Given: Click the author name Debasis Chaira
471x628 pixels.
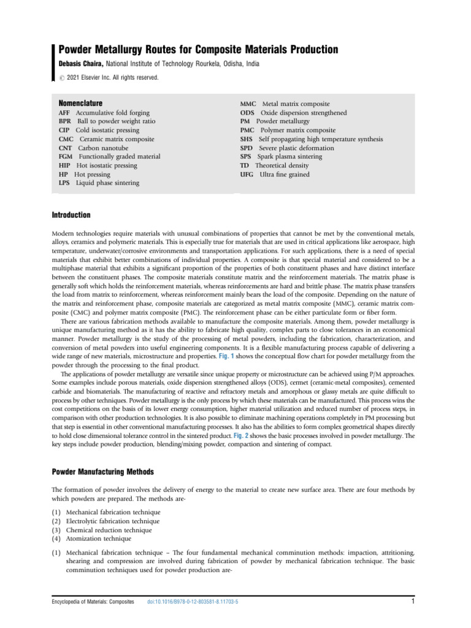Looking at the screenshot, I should [x=82, y=63].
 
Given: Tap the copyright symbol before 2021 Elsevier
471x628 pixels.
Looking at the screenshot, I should [x=61, y=78].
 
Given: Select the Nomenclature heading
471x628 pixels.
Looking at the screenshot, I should [x=80, y=103].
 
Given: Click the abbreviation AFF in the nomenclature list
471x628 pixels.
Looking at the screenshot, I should [x=65, y=113].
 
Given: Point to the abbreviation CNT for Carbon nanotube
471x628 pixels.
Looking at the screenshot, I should [x=66, y=148].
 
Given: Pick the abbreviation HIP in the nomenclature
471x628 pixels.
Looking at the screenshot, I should [x=65, y=166].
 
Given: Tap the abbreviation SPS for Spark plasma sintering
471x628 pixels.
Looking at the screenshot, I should [x=247, y=157].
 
